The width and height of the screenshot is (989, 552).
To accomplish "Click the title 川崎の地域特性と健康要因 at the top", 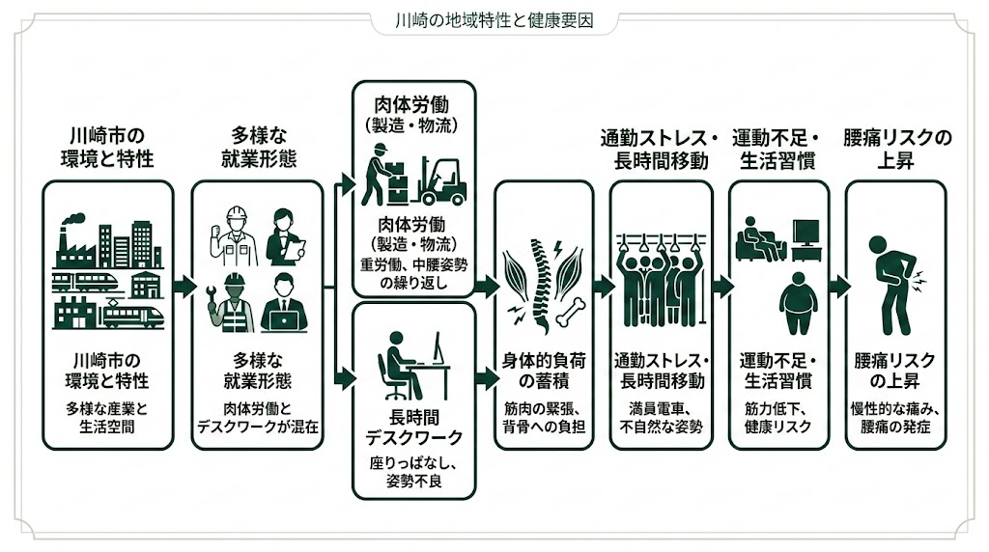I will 494,18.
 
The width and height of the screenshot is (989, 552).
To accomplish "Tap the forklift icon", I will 439,180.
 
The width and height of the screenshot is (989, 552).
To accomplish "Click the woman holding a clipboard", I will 285,236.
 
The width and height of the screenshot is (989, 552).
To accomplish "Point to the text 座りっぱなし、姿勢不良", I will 413,472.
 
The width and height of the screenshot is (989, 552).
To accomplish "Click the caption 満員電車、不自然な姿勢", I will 661,417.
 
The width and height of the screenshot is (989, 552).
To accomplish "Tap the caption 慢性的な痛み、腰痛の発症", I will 895,417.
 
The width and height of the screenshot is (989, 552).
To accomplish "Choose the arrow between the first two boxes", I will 183,288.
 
